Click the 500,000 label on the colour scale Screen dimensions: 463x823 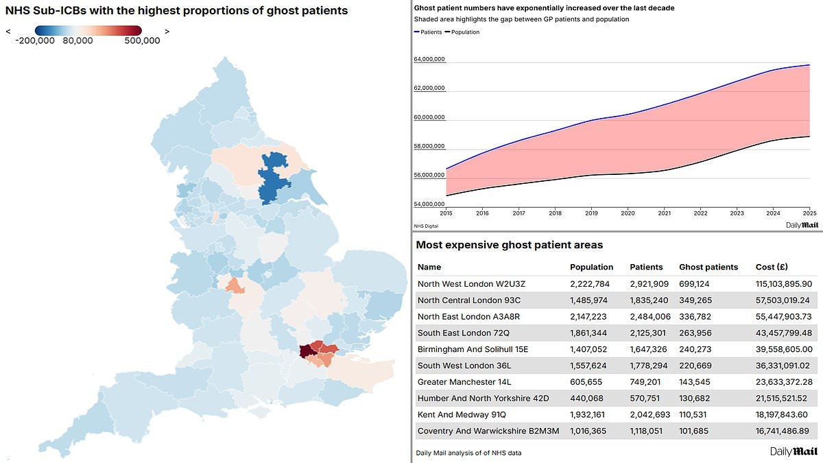click(x=143, y=40)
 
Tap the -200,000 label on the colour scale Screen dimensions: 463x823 click(x=35, y=40)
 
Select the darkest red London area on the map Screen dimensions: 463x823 click(x=305, y=352)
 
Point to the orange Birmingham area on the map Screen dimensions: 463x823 click(x=235, y=285)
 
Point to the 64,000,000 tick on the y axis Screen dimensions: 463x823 click(x=429, y=60)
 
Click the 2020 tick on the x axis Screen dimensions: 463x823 click(x=627, y=213)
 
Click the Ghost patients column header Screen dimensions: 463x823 click(x=708, y=267)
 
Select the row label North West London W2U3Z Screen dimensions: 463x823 click(x=472, y=283)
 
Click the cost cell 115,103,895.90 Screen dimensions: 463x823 click(x=783, y=283)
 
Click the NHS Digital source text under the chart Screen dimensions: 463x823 click(x=426, y=225)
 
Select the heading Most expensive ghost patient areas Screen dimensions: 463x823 click(x=510, y=245)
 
